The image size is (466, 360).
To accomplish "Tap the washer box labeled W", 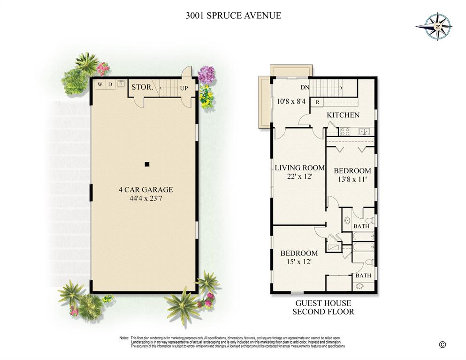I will (x=99, y=84).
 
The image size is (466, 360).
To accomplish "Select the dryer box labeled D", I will (x=110, y=84).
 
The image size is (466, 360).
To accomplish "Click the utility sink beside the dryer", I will (x=120, y=84).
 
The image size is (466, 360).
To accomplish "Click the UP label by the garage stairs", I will (x=184, y=88).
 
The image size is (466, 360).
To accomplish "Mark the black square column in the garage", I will (x=147, y=164).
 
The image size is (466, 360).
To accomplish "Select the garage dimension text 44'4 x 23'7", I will (x=145, y=199).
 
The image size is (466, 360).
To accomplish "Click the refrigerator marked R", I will (x=318, y=102).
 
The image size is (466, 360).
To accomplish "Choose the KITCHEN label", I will (x=343, y=115).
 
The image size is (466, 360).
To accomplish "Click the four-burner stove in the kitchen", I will (x=345, y=132).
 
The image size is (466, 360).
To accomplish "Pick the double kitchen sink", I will (x=364, y=131).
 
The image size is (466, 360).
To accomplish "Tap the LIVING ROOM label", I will (x=300, y=168).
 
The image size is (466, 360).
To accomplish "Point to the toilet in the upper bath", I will (x=369, y=220).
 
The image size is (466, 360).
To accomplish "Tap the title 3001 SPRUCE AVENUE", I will (x=233, y=15).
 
